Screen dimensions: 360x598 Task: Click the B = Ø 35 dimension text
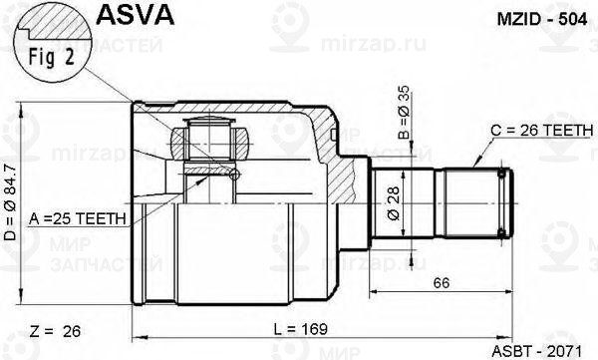coord(403,113)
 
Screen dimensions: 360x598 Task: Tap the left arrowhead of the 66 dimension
coord(375,293)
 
